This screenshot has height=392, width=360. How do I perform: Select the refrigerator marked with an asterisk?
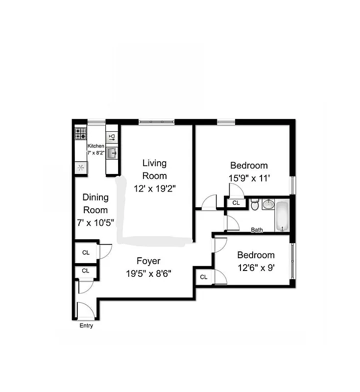[x=81, y=168]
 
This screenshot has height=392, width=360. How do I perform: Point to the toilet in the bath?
[x=255, y=205]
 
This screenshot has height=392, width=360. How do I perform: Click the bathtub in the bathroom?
[x=283, y=216]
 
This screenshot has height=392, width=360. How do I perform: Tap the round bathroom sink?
[x=267, y=204]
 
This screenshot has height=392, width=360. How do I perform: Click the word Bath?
[x=257, y=230]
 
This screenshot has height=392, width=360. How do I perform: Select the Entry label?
[x=86, y=326]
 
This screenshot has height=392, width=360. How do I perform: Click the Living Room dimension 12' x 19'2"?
[x=154, y=187]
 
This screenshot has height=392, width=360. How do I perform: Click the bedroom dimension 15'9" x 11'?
[x=249, y=178]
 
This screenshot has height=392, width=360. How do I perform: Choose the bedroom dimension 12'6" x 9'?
[x=256, y=268]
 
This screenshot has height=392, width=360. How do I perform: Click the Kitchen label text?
[x=96, y=146]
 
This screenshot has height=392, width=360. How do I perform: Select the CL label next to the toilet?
[x=236, y=203]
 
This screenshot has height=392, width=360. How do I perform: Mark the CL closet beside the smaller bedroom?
[x=204, y=277]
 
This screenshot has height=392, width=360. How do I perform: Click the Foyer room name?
[x=148, y=261]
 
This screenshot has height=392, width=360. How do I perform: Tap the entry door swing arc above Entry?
[x=85, y=310]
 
